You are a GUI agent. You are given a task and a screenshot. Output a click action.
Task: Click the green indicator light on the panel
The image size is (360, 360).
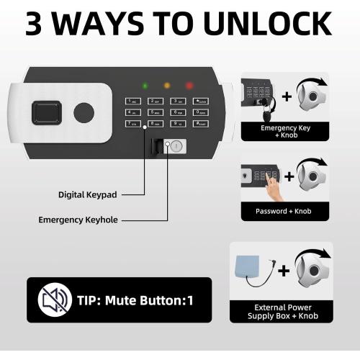145,85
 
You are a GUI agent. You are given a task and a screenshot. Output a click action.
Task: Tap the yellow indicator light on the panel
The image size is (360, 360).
167,85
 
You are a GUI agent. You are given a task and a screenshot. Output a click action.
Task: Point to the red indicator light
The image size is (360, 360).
190,85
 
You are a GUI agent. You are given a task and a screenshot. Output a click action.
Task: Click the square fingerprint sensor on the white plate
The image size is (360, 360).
45,112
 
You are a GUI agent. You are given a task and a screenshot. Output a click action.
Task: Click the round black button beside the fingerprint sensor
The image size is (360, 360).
84,112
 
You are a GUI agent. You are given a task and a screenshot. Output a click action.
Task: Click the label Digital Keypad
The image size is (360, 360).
88,194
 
